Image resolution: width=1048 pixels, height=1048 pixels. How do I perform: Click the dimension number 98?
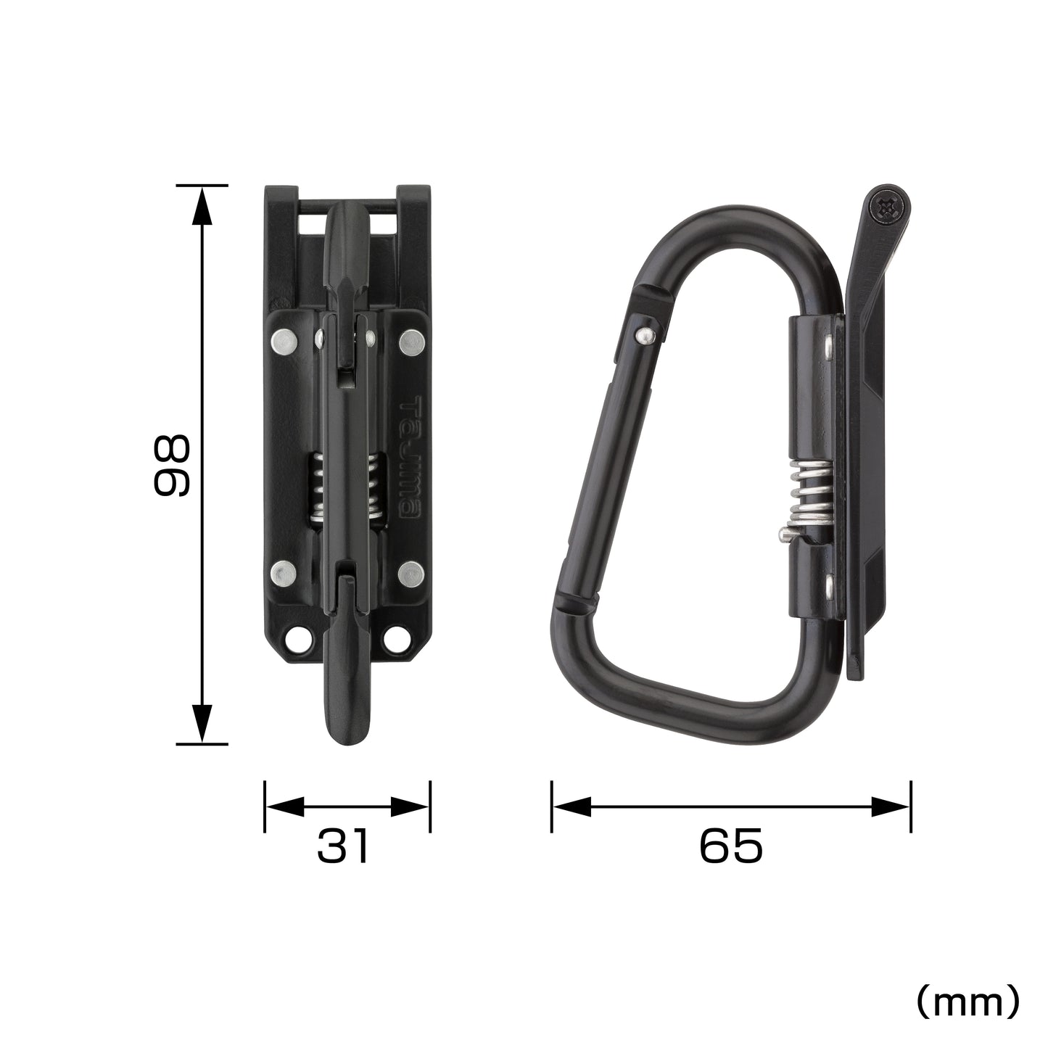tap(172, 465)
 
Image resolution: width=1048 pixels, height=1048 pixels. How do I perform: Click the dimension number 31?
tap(343, 846)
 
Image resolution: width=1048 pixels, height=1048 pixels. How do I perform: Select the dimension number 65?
tap(731, 846)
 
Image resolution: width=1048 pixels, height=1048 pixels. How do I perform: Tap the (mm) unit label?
tap(967, 1002)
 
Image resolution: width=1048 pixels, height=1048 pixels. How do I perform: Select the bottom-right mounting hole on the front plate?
tap(397, 639)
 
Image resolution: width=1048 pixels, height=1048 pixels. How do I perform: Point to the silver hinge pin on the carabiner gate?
tap(643, 334)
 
